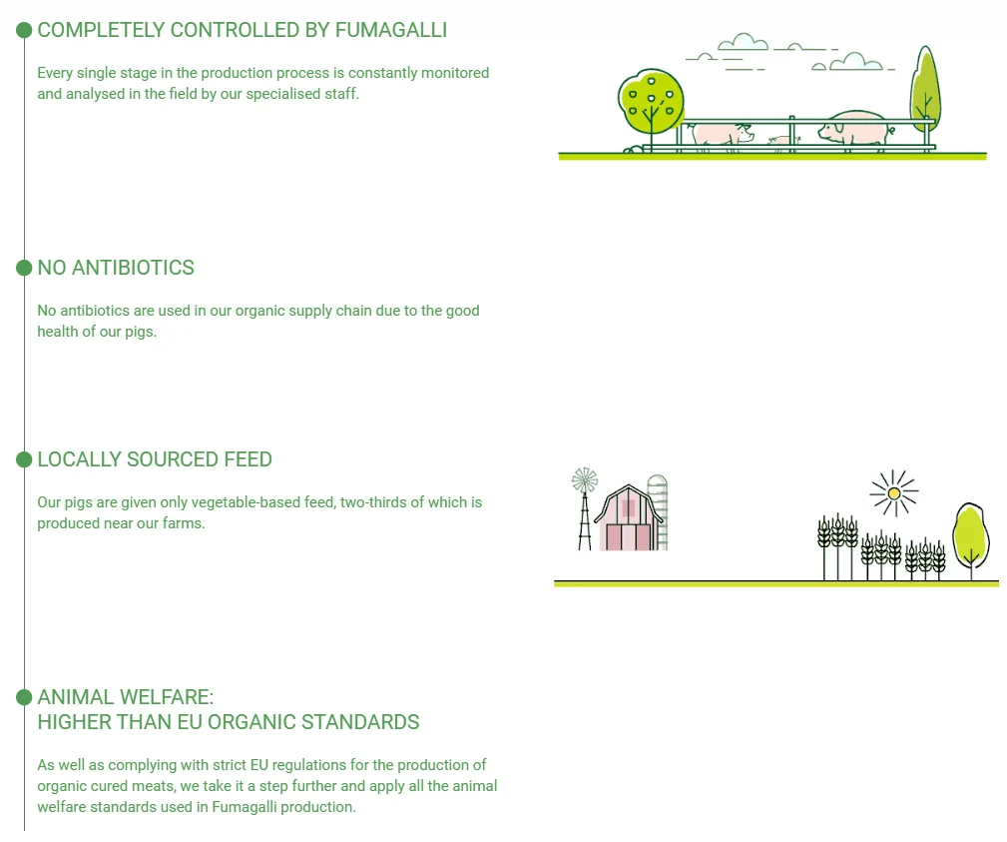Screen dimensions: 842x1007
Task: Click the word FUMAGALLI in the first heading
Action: [390, 30]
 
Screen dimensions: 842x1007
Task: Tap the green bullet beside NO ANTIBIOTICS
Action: [25, 268]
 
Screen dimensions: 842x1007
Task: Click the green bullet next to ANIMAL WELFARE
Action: [25, 696]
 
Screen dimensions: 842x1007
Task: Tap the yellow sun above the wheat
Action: [894, 492]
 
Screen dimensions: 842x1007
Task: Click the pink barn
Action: [628, 519]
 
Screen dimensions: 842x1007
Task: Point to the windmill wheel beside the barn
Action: [584, 481]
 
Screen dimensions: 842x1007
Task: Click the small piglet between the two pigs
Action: [777, 140]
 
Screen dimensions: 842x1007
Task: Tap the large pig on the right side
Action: [854, 129]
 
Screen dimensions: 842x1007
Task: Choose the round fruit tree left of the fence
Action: [652, 100]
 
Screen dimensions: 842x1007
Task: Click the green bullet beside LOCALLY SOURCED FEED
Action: [25, 459]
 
